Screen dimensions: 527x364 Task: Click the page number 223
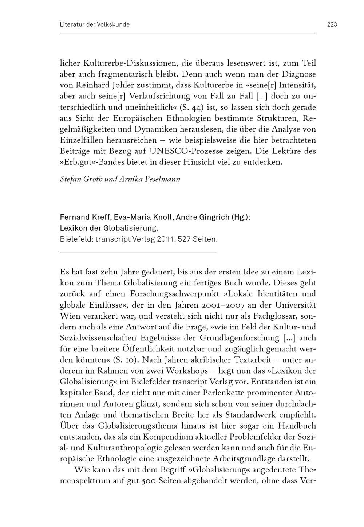click(332, 24)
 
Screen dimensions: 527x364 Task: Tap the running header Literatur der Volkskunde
click(95, 24)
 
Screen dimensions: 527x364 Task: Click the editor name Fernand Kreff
click(85, 218)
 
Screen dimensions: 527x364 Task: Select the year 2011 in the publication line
click(165, 239)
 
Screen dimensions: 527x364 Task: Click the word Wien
click(69, 316)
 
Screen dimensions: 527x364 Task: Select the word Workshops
click(191, 371)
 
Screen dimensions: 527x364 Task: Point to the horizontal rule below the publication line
click(138, 252)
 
